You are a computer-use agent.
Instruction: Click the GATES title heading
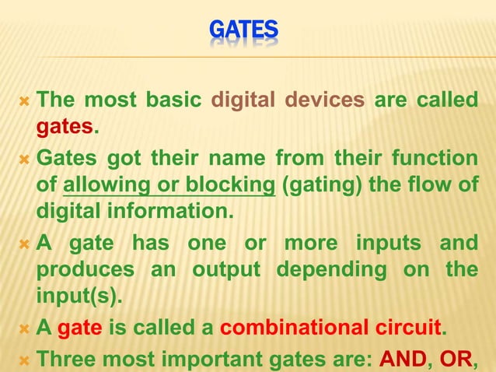[x=244, y=30]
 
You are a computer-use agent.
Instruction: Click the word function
[x=438, y=160]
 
